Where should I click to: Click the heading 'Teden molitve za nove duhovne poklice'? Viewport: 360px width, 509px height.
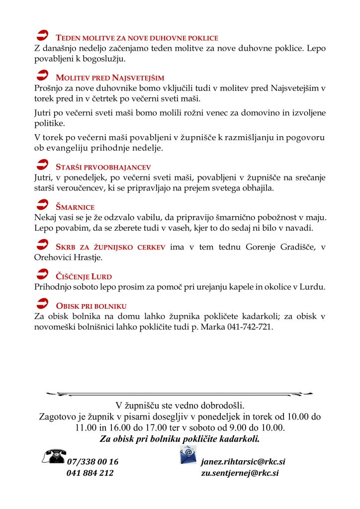tap(137, 38)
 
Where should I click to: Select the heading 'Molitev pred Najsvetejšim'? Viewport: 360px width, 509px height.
tap(110, 78)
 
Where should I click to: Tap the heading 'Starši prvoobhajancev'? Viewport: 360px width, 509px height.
tap(103, 167)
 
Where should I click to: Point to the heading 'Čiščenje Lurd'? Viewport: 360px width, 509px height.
tap(84, 276)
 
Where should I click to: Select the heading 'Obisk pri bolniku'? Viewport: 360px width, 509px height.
tap(91, 306)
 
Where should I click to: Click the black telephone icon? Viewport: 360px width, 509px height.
tap(54, 456)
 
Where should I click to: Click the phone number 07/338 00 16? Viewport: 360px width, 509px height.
tap(92, 462)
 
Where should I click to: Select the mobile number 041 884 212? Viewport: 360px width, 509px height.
tap(90, 473)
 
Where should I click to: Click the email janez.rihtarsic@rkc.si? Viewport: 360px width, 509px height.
tap(243, 462)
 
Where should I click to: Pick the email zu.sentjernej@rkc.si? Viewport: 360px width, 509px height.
tap(240, 473)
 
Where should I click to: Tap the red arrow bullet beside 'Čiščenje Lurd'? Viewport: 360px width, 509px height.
tap(43, 273)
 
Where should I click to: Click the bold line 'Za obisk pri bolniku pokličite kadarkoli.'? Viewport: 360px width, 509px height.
tap(180, 439)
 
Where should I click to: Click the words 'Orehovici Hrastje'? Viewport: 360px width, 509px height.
tap(68, 258)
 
